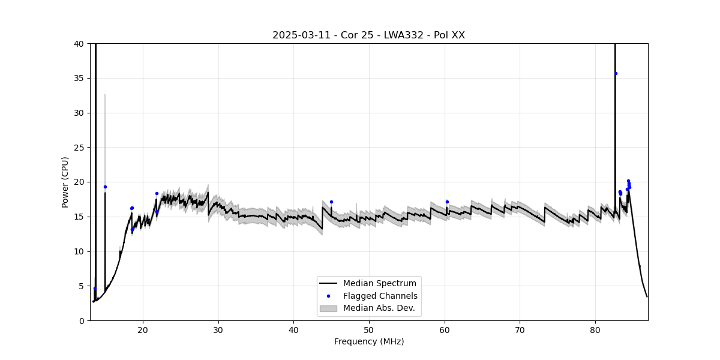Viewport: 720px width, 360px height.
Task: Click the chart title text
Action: coord(368,35)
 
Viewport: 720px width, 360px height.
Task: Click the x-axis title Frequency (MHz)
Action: coord(368,341)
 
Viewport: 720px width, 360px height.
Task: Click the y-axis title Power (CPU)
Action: coord(65,182)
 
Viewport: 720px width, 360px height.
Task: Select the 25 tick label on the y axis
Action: coord(79,148)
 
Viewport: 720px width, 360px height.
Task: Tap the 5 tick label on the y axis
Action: coord(81,286)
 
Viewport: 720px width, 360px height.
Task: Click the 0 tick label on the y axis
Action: coord(81,320)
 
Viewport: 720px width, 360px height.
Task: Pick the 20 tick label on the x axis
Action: coord(143,330)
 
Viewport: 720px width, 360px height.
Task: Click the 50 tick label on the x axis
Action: coord(369,330)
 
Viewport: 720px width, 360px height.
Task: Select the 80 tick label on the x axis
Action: coord(595,330)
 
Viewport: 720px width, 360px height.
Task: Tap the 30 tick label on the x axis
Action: coord(218,330)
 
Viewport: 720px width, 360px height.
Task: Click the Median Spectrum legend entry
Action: coord(379,283)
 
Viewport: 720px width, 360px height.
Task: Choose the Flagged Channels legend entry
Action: coord(380,296)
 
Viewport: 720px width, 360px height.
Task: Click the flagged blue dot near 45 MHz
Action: coord(331,202)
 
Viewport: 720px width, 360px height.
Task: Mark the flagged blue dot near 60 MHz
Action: coord(447,202)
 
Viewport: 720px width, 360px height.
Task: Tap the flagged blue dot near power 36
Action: coord(616,73)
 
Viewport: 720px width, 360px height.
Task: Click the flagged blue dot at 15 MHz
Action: coord(105,187)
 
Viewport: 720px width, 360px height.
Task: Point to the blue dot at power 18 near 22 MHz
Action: coord(157,193)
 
